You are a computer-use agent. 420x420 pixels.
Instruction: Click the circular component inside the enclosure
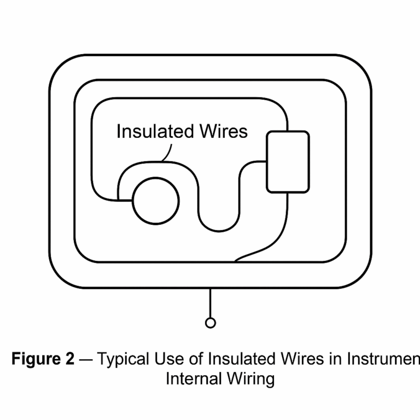[x=157, y=201]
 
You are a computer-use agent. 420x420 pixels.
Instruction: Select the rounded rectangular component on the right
[x=288, y=162]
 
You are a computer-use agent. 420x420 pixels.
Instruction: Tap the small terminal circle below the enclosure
[x=210, y=323]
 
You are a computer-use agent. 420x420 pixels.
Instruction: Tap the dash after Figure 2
[x=85, y=359]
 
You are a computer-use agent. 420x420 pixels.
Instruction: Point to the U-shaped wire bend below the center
[x=218, y=219]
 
